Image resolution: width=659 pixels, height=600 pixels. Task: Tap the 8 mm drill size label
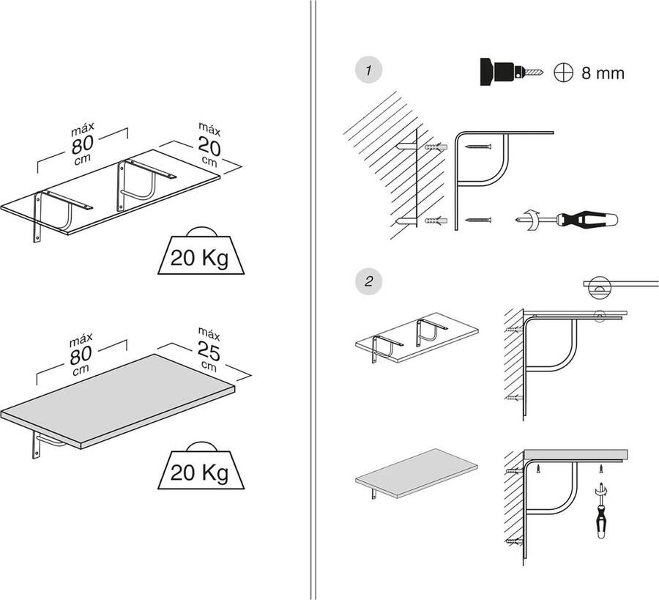pos(603,73)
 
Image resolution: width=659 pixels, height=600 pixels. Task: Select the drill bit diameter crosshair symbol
pos(563,73)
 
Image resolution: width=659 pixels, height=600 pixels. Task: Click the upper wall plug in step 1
pos(435,149)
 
